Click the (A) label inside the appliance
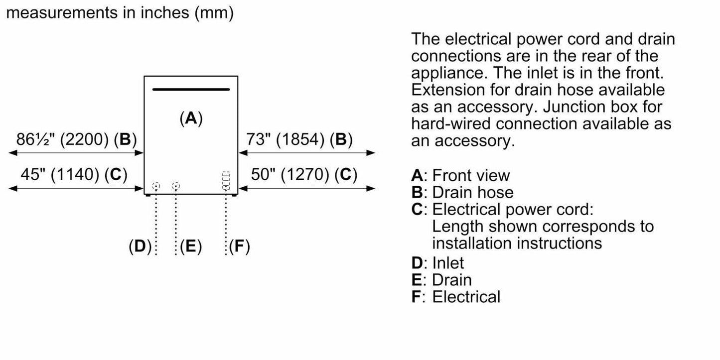click(x=191, y=119)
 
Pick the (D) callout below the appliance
click(x=140, y=246)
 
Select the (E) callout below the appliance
click(x=191, y=246)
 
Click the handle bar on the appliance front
click(x=191, y=90)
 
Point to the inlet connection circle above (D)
click(x=156, y=187)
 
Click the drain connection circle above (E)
click(x=175, y=187)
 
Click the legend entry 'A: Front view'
click(x=460, y=175)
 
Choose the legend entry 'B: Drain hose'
click(x=462, y=192)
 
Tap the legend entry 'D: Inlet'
click(x=437, y=262)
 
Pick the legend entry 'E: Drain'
click(x=441, y=279)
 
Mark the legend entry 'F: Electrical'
click(x=455, y=297)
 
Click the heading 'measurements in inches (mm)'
click(x=120, y=12)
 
